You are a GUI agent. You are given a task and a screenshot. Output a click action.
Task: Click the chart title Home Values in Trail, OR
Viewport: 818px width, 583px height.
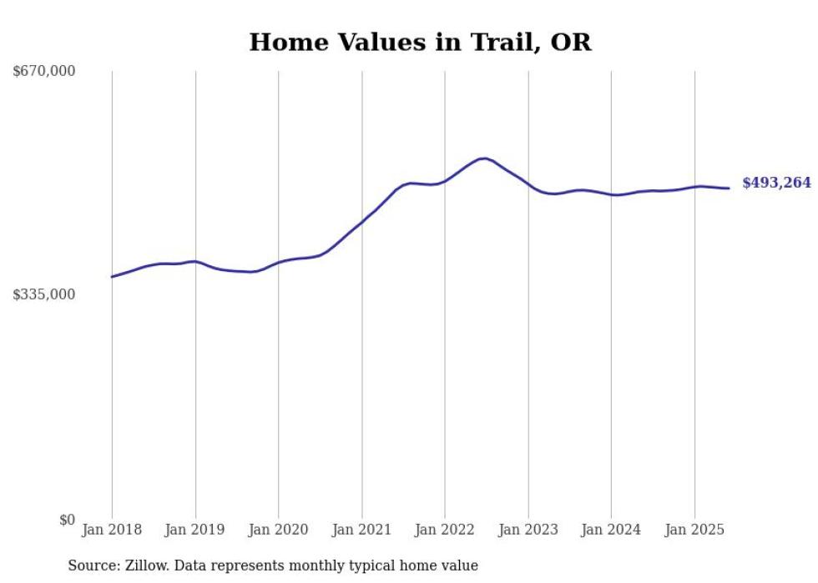(420, 42)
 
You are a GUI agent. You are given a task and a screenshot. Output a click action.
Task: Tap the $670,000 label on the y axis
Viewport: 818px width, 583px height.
(44, 71)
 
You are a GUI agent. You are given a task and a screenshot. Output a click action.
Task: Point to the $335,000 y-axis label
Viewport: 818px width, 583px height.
(44, 294)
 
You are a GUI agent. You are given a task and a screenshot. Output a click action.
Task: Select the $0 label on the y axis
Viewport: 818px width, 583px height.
(67, 519)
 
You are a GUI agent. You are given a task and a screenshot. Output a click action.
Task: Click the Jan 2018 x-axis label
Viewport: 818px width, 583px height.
(112, 530)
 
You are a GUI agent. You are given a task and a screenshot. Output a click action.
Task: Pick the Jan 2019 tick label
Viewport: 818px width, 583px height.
(195, 530)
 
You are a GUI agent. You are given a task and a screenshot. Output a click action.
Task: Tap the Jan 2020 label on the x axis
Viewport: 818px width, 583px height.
(278, 530)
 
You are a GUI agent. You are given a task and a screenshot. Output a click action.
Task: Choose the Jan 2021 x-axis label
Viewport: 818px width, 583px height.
(361, 530)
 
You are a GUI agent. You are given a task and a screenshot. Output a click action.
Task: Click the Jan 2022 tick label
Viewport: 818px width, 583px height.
(445, 530)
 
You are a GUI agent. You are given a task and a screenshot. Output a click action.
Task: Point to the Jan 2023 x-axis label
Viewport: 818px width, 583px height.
(528, 530)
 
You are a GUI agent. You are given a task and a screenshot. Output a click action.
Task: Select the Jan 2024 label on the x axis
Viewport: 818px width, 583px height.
(611, 530)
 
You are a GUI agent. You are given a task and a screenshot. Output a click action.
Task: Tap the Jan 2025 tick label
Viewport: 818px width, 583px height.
(694, 530)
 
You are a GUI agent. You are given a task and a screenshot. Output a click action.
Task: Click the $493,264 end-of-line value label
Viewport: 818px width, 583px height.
(776, 183)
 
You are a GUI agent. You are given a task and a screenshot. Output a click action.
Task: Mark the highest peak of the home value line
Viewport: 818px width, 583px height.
(483, 158)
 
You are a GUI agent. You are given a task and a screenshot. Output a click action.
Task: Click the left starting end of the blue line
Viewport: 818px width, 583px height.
(112, 277)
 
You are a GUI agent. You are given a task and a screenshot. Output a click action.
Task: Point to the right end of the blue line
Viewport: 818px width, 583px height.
(729, 188)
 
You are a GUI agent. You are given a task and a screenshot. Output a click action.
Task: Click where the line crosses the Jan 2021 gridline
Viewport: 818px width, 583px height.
(361, 223)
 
